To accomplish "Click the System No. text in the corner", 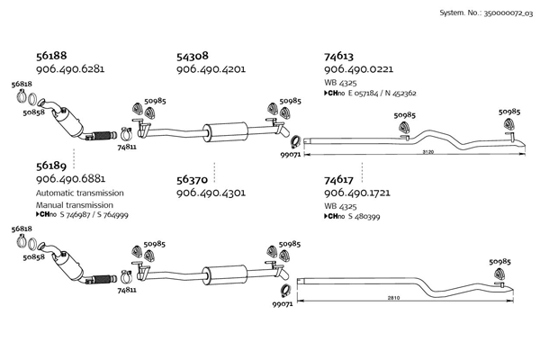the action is click(x=486, y=13).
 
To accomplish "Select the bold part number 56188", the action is click(x=51, y=56).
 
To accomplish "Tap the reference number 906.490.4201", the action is click(x=211, y=69).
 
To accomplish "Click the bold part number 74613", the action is click(x=338, y=56).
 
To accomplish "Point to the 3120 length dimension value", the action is click(x=428, y=152).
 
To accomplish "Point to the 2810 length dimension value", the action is click(x=393, y=298).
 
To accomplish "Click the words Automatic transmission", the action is click(x=80, y=193).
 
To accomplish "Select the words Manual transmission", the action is click(x=75, y=205).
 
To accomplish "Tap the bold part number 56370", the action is click(x=192, y=180).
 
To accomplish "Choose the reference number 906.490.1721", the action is click(x=357, y=193).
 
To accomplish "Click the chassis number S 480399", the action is click(x=364, y=216).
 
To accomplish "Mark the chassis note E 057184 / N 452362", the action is click(x=382, y=94).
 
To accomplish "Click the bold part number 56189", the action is click(x=51, y=166).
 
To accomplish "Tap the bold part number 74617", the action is click(x=338, y=180).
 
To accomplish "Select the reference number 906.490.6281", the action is click(x=70, y=69).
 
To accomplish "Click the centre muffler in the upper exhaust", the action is click(x=225, y=132).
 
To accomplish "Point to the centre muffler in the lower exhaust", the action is click(x=224, y=275).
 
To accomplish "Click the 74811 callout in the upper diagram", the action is click(x=127, y=147).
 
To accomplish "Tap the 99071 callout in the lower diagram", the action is click(x=283, y=304).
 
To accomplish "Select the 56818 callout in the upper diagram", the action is click(x=22, y=84).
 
